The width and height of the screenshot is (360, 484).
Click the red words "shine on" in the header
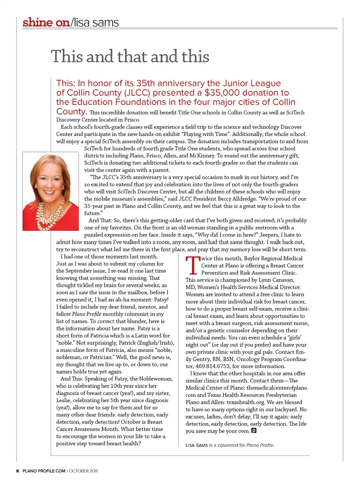click(46, 23)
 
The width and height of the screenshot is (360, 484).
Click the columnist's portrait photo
click(51, 191)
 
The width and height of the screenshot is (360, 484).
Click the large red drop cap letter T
click(192, 265)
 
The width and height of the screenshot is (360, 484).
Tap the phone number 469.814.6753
click(212, 366)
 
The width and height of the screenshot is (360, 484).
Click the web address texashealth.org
click(247, 402)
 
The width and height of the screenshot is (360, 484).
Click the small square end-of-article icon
click(254, 431)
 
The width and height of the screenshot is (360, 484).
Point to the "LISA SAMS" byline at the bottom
click(196, 445)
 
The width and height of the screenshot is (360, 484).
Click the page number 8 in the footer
click(17, 471)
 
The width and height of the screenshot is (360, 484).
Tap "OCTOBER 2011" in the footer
click(84, 471)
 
